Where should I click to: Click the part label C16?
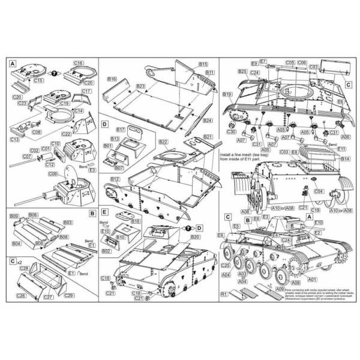[x=79, y=63]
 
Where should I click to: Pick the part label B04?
[x=16, y=244]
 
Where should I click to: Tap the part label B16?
[x=112, y=79]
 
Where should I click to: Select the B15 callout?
[x=203, y=64]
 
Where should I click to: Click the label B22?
[x=163, y=142]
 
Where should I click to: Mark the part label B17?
[x=120, y=129]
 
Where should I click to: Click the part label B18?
[x=136, y=221]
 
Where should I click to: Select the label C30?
[x=232, y=132]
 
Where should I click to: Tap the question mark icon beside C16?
[x=55, y=71]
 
